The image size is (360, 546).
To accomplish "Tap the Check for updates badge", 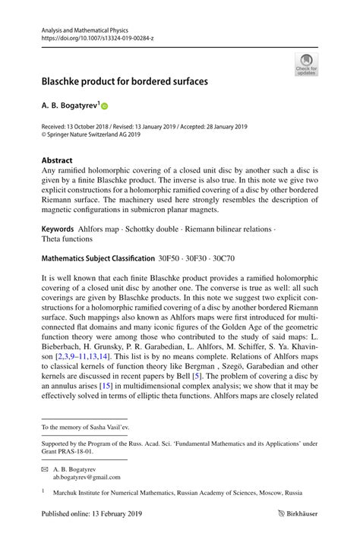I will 306,64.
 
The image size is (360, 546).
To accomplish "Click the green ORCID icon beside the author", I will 105,107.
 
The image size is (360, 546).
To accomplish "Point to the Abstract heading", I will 57,160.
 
